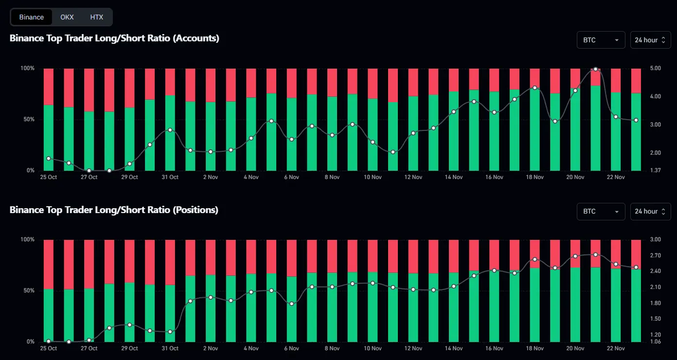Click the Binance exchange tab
32,17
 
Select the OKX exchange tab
67,17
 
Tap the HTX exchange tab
97,17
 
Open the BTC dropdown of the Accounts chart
601,40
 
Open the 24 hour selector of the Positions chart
650,211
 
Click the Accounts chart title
114,38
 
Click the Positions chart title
114,210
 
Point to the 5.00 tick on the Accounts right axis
655,69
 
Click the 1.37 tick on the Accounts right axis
655,171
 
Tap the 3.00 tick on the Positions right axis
655,240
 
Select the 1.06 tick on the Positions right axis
655,342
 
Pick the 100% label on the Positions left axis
27,240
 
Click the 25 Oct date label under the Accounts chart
48,178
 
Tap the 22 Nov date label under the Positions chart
616,349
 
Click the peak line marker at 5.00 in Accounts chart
596,69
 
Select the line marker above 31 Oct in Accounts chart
170,130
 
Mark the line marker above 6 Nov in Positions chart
291,304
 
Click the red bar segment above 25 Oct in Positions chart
48,264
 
